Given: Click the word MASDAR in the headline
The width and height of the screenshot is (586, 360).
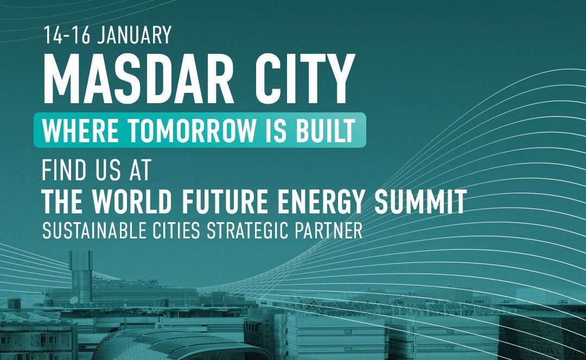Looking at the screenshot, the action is point(138,79).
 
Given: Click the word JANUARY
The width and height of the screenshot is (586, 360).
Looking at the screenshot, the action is point(134,35).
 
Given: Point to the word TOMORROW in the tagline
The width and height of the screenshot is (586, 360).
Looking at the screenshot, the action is point(192,130).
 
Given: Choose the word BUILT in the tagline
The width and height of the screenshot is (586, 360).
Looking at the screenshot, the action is point(325,130).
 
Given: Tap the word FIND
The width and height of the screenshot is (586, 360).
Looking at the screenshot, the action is point(63,170).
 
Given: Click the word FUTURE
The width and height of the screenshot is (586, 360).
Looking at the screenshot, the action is point(225,201).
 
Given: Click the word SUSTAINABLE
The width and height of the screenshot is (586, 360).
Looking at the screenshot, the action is point(94,231).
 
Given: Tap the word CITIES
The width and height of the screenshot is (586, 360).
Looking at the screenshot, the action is point(176,231).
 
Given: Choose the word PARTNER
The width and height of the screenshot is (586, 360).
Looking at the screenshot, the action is point(328,231).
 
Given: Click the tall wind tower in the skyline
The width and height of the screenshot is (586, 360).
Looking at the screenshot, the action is point(81,276).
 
